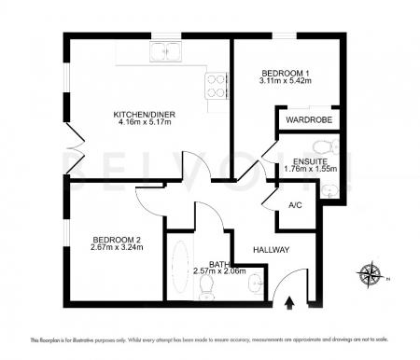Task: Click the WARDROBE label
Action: click(x=306, y=120)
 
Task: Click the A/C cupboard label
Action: click(x=296, y=204)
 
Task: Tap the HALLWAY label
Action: click(x=271, y=250)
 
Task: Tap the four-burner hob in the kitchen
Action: click(x=215, y=85)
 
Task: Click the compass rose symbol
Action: click(x=371, y=276)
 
